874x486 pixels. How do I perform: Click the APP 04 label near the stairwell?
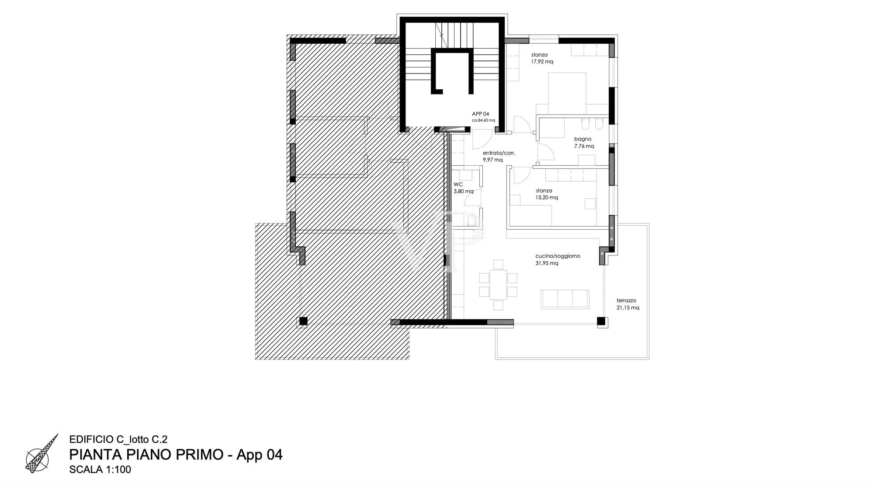[x=480, y=114]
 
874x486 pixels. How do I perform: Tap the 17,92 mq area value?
[x=542, y=62]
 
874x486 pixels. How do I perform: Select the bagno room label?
[x=583, y=139]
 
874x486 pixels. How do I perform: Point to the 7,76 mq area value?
[x=584, y=146]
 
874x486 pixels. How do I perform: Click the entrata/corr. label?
[x=499, y=153]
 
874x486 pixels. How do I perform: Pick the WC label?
[x=458, y=184]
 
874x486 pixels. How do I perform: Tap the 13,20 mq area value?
[x=547, y=197]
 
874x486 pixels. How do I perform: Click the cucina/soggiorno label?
[x=558, y=256]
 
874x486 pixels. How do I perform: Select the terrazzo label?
[x=626, y=301]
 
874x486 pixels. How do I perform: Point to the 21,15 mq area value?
[x=628, y=308]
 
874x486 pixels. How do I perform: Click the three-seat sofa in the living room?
[x=565, y=299]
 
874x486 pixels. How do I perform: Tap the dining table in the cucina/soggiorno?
[x=498, y=285]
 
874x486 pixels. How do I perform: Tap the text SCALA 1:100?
[x=100, y=470]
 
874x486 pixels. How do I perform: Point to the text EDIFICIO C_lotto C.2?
[x=118, y=440]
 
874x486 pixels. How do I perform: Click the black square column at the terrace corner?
[x=601, y=321]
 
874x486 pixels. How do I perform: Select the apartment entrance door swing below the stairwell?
[x=482, y=139]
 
